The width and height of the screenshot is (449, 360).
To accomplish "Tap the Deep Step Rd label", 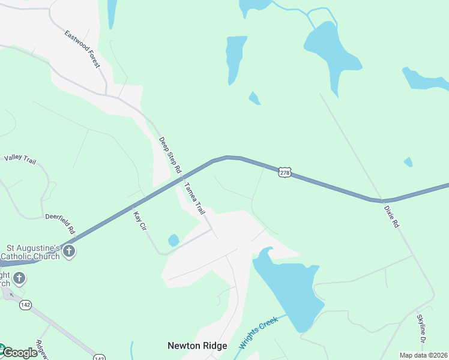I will (169, 155).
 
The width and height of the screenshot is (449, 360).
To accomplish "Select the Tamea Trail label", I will (194, 199).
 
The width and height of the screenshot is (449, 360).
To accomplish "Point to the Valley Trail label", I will (21, 158).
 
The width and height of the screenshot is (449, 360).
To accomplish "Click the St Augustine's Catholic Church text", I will (33, 252).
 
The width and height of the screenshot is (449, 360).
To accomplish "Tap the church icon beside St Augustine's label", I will (70, 251).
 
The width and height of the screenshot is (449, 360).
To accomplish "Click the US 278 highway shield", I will (285, 173).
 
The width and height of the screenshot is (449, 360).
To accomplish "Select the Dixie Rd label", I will (391, 217).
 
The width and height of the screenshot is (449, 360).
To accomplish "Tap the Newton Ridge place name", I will (197, 346).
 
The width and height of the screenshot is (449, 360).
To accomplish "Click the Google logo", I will (19, 353).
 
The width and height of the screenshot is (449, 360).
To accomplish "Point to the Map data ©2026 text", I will (423, 355).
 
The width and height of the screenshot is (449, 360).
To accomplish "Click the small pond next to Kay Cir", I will (173, 241).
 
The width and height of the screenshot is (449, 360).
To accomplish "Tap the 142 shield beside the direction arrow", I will (25, 305).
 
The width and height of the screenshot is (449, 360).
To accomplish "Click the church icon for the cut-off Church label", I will (19, 278).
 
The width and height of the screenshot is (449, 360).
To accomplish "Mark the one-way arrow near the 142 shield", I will (11, 295).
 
